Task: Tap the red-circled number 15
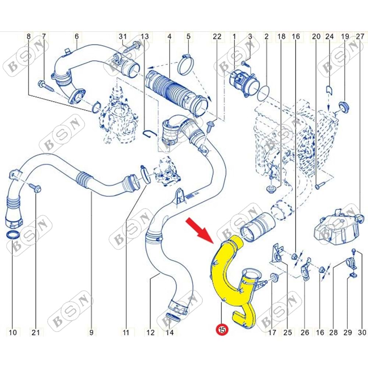tap(222, 330)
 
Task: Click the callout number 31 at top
tap(123, 36)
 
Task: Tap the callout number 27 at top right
tap(360, 36)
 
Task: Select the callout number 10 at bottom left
tap(13, 332)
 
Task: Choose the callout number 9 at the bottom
tap(91, 332)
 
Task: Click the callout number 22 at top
tap(217, 36)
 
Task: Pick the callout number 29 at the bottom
tap(348, 332)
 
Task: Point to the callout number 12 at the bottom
tap(151, 332)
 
